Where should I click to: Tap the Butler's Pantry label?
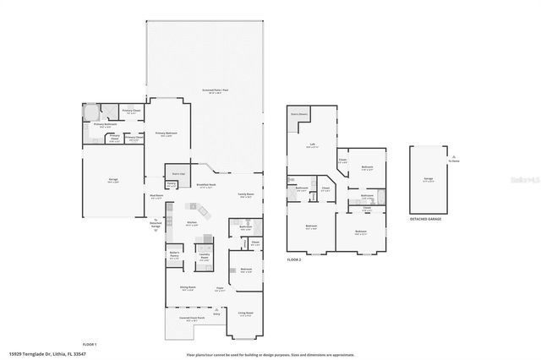coord(174,255)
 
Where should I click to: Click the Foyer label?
coord(219,288)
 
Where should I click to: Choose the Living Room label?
coord(246,312)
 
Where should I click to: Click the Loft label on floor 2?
coord(312,145)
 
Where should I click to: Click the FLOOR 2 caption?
coord(294,259)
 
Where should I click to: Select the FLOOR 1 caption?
coord(90,345)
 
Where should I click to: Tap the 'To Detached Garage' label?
coord(156,224)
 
